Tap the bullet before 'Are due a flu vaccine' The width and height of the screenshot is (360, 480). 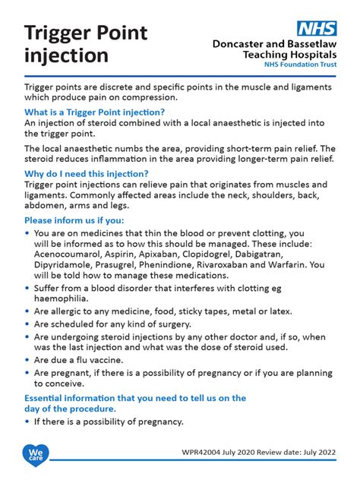pyautogui.click(x=28, y=360)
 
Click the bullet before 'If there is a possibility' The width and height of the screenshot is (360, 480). pyautogui.click(x=28, y=422)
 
